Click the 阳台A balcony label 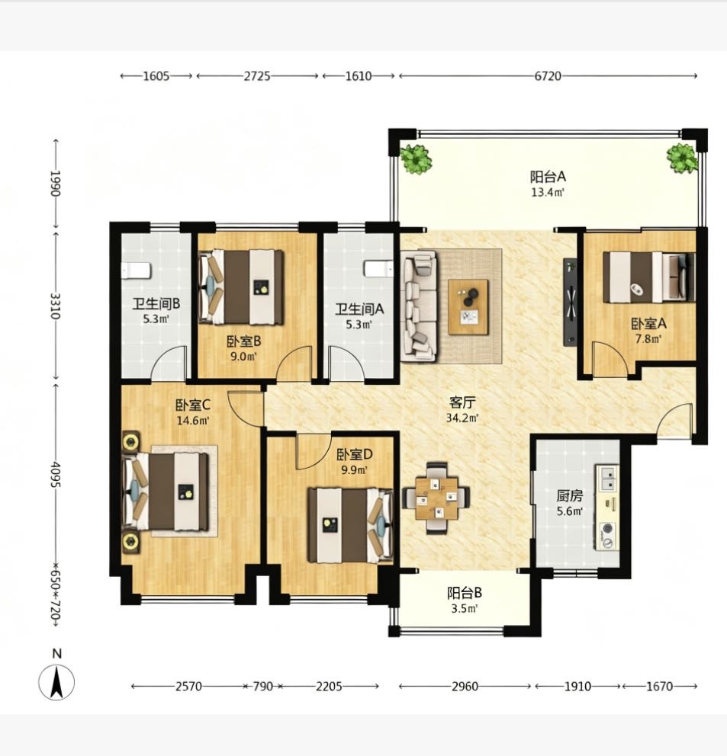(548, 177)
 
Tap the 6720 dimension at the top (548, 76)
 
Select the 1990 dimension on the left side (55, 183)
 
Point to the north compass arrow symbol (57, 682)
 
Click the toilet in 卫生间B (136, 271)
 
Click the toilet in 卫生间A (379, 268)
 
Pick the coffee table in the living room (468, 307)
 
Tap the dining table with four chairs (436, 498)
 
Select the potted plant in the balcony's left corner (416, 159)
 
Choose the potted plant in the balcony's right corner (682, 158)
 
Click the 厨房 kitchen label (570, 495)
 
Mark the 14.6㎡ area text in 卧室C (192, 421)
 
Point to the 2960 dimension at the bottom (465, 686)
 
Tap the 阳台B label (465, 593)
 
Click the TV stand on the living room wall (570, 303)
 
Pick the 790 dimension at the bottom (263, 686)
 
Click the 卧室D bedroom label (354, 454)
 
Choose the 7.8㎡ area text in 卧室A (648, 338)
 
